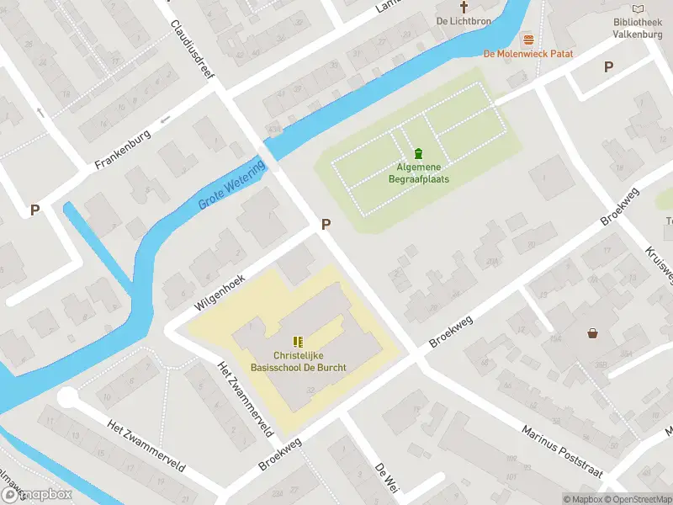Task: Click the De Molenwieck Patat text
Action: coord(528,54)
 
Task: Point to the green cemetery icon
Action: coord(418,153)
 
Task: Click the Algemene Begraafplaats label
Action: coord(418,173)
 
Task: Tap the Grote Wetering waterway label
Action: coord(232,184)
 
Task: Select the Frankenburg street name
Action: coord(122,148)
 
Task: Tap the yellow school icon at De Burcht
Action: coord(297,341)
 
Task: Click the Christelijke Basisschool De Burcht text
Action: coord(298,361)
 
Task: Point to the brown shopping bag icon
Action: coord(593,333)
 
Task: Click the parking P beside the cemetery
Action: coord(326,225)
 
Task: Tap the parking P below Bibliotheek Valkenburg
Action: coord(608,66)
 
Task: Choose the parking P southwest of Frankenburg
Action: coord(34,210)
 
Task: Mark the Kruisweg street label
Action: coord(658,265)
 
